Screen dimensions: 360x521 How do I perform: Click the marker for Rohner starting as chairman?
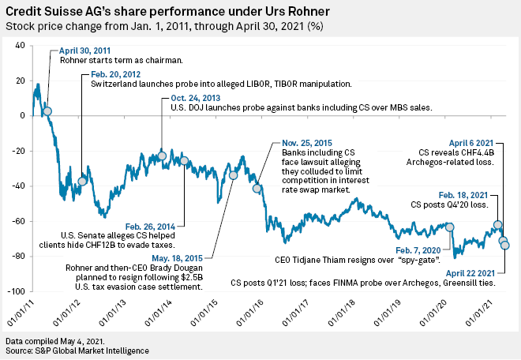click(47, 111)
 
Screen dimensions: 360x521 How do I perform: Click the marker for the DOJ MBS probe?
click(162, 156)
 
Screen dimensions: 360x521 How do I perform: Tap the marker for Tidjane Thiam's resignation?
click(450, 227)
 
